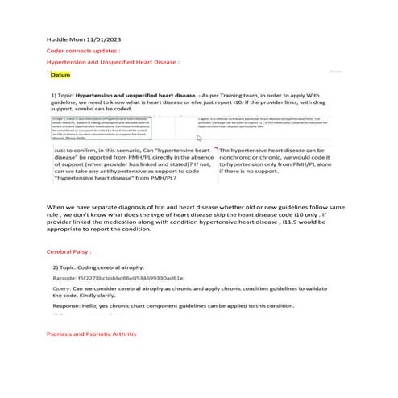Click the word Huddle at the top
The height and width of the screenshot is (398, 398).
click(x=52, y=39)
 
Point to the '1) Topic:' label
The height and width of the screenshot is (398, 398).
click(x=64, y=94)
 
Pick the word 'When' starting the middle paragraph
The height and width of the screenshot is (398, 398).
click(x=56, y=209)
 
